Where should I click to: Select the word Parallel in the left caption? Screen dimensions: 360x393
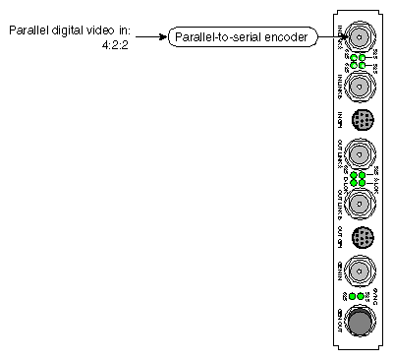point(29,30)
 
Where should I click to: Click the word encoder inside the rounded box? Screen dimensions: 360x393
point(287,37)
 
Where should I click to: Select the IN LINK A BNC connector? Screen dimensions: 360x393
point(361,38)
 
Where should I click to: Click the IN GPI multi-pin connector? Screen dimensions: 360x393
point(361,120)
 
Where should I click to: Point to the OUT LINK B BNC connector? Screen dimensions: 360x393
point(361,202)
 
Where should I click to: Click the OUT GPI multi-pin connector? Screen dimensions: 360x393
point(361,236)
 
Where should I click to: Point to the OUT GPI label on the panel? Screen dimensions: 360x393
point(341,236)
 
